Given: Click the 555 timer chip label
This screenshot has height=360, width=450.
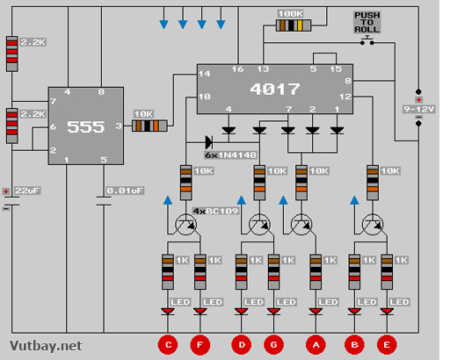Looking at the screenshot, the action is pos(85,126).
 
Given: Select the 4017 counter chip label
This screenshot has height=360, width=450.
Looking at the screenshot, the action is pos(275,89).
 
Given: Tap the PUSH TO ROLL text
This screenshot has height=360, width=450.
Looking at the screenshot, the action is pos(367,22).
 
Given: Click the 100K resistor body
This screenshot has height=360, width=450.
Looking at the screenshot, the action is pos(294,25).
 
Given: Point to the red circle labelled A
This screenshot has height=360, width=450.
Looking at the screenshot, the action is pos(316,345).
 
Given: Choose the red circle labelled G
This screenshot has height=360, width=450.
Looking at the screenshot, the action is pos(273,345).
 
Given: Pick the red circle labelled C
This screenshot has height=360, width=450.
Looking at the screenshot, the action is pos(168,345).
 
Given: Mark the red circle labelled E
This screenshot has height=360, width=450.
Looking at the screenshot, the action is pos(387,345).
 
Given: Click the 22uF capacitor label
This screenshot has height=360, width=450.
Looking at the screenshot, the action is pos(27,191).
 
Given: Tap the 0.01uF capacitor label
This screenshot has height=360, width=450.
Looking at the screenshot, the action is pos(125,191).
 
